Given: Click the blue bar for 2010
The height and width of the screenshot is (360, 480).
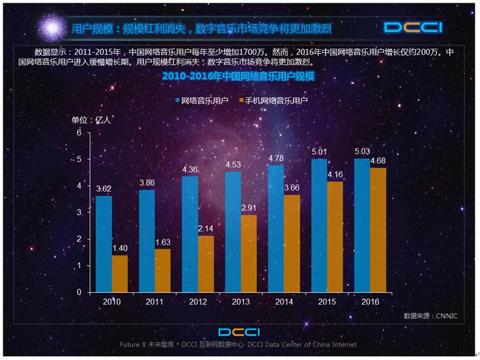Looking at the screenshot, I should (104, 244).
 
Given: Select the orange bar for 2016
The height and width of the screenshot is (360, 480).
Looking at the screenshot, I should (378, 230).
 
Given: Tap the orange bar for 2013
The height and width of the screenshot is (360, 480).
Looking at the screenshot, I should (249, 254).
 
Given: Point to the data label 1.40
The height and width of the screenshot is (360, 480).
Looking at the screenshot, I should (120, 248).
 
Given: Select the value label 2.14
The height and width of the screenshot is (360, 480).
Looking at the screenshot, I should (206, 229).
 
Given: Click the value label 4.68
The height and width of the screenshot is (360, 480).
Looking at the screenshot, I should (378, 161).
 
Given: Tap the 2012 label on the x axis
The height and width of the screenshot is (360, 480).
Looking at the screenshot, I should (198, 301).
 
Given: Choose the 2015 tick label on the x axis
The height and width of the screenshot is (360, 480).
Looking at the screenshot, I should (327, 301).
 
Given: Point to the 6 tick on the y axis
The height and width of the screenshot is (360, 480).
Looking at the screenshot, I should (79, 133).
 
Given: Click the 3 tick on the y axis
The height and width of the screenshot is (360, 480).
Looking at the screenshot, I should (79, 213).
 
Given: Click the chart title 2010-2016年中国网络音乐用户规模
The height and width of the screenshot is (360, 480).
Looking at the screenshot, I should (238, 77).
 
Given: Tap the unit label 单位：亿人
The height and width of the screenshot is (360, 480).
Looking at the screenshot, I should (91, 120).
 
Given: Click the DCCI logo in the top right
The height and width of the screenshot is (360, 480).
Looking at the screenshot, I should (413, 27).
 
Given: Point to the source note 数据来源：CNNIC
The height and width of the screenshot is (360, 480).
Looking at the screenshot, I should (430, 316).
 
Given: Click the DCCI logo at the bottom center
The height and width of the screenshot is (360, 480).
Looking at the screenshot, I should (240, 332).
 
